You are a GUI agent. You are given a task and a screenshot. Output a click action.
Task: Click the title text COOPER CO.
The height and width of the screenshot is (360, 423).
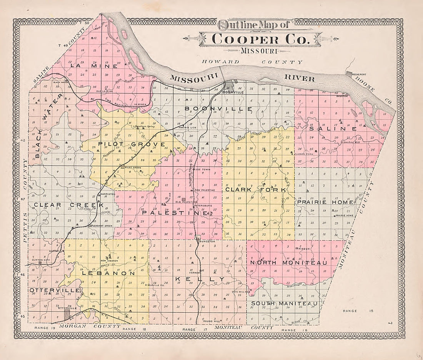tap(261, 39)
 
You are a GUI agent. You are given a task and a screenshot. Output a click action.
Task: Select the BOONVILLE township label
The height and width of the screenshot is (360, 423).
tap(218, 109)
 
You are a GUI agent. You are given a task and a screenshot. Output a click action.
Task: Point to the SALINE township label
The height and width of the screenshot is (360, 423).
tap(333, 129)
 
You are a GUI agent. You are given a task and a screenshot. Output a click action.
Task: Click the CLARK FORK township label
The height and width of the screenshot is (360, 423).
tap(256, 190)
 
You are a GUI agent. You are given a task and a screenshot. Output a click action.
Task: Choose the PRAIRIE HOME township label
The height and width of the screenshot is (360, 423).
tap(325, 202)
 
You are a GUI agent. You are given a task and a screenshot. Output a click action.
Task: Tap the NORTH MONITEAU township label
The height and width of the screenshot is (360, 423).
tap(288, 263)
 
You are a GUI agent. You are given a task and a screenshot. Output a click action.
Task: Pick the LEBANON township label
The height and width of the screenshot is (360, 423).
tap(108, 274)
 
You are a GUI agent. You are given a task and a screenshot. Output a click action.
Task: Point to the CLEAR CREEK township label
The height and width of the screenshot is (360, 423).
tap(69, 205)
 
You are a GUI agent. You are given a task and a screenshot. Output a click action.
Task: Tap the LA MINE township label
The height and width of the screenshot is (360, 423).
tap(88, 66)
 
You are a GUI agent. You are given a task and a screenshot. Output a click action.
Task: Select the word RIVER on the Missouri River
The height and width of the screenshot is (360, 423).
tap(300, 78)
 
